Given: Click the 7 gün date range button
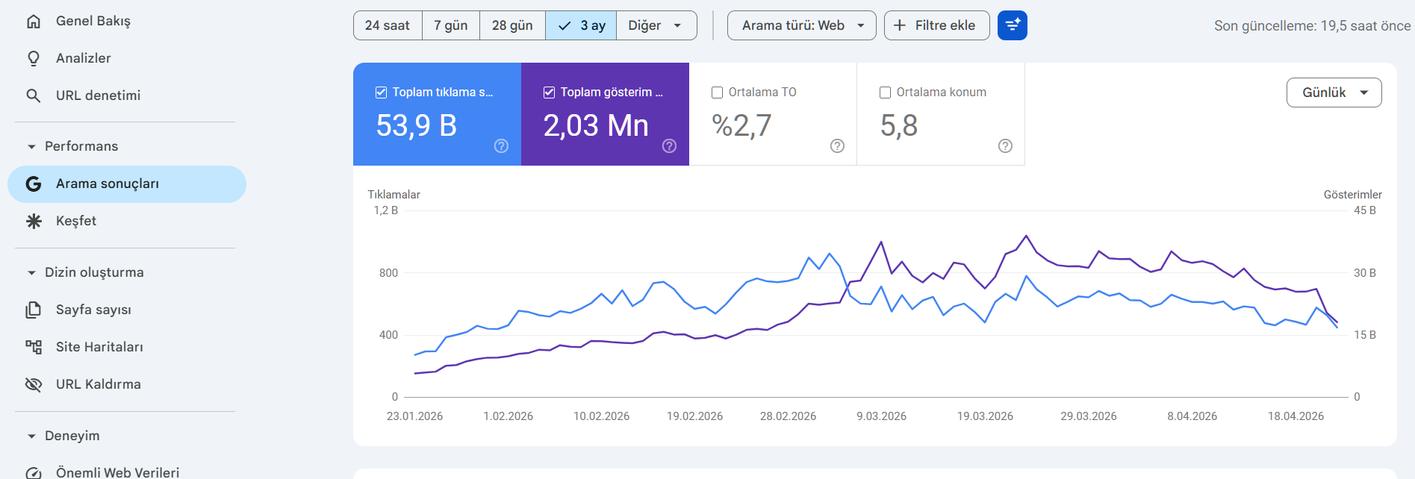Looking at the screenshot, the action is click(x=451, y=25).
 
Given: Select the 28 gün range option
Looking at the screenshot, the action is click(x=512, y=25).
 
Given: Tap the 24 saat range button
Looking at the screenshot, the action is click(x=388, y=25).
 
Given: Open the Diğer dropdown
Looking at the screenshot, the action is click(x=656, y=25).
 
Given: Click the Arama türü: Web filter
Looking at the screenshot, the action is click(x=802, y=25).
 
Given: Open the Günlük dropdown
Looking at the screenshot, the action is click(x=1334, y=93).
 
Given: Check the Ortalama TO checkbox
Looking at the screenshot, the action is click(x=717, y=93).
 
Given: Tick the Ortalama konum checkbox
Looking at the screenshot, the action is click(x=885, y=93).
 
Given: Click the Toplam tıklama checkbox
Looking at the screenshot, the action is click(x=381, y=93).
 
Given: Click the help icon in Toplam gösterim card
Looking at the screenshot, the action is click(x=669, y=146).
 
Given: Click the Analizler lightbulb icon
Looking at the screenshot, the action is click(x=34, y=58).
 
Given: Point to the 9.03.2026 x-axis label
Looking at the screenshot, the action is click(x=881, y=416).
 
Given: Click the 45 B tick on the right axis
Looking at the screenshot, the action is click(x=1365, y=210).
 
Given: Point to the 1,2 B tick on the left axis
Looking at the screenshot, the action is click(x=386, y=210).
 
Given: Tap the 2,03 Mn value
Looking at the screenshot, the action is click(x=596, y=125).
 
